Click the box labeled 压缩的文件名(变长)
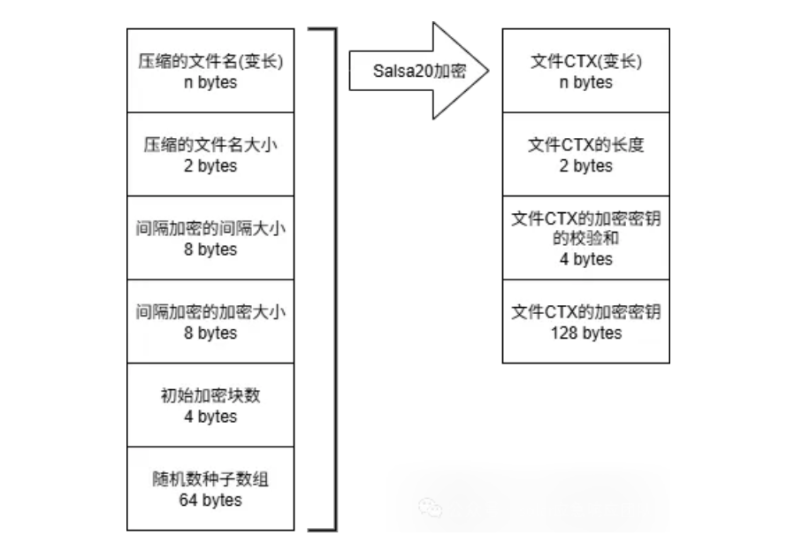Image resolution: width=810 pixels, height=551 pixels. point(210,71)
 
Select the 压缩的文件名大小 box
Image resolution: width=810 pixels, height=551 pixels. point(210,155)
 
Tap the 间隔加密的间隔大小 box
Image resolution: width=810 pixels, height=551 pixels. point(210,238)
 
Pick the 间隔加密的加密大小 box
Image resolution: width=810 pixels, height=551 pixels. point(210,321)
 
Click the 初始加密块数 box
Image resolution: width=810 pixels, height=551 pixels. point(210,405)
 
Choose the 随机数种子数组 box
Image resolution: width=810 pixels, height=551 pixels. point(210,489)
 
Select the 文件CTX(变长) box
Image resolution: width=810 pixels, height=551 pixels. point(585,71)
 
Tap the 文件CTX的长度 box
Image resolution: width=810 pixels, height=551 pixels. point(585,155)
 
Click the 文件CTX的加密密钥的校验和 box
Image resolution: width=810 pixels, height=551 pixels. point(585,238)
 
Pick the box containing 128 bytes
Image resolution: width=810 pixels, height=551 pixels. point(585,321)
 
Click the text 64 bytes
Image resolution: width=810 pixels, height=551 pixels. point(210,500)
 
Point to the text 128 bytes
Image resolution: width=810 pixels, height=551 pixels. point(585,333)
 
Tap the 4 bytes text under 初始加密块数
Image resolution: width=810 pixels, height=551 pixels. point(210,417)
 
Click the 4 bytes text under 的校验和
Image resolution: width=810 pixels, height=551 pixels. point(585,259)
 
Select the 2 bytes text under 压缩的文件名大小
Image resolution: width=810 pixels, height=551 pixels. point(210,166)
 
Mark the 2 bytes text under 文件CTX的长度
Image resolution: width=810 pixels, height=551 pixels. point(585,166)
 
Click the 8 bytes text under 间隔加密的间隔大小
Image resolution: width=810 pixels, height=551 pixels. point(210,250)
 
